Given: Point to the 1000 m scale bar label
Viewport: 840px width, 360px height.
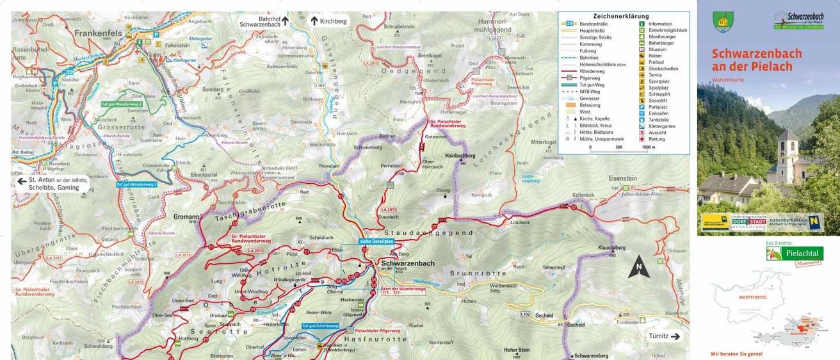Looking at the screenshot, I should point(648,147).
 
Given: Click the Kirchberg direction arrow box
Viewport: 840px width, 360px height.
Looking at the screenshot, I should point(329,21).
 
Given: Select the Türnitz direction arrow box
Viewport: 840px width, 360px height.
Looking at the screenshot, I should point(663,336).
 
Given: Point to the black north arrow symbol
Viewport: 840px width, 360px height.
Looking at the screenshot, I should point(638,267).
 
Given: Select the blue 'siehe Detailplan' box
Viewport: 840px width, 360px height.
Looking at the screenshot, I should point(376,241).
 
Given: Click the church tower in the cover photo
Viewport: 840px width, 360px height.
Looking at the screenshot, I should point(788,154).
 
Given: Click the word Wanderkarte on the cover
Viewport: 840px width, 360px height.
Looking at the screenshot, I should point(727,79).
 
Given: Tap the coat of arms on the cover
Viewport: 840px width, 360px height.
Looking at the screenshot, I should point(723,22).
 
